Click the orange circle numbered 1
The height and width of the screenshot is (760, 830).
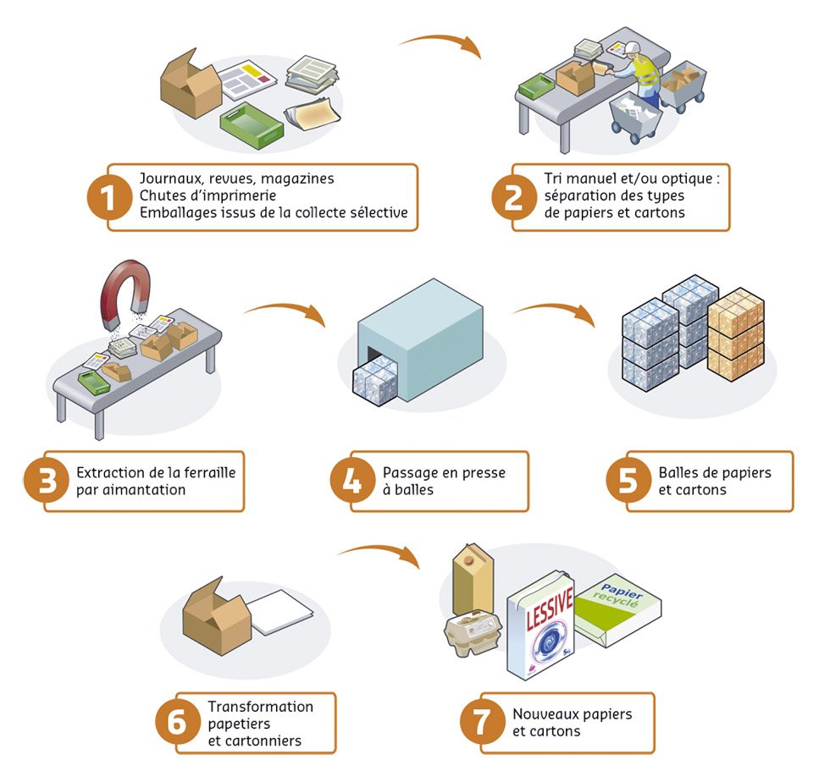pyautogui.click(x=108, y=197)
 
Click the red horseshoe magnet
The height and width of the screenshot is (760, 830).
pyautogui.click(x=127, y=292)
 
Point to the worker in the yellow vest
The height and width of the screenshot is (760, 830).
pyautogui.click(x=644, y=72)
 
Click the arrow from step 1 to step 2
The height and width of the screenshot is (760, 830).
pyautogui.click(x=440, y=42)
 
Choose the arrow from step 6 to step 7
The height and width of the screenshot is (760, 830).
pyautogui.click(x=381, y=554)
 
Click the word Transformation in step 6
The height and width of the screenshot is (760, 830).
pyautogui.click(x=260, y=707)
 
